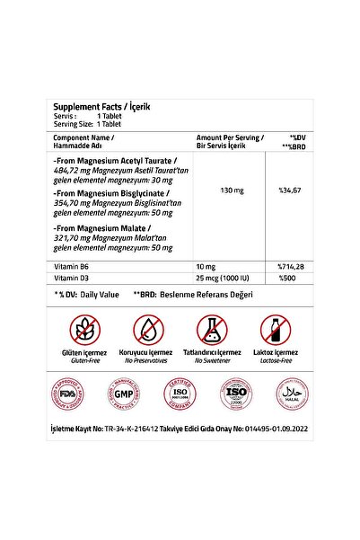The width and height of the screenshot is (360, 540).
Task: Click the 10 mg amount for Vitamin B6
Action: pyautogui.click(x=206, y=268)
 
